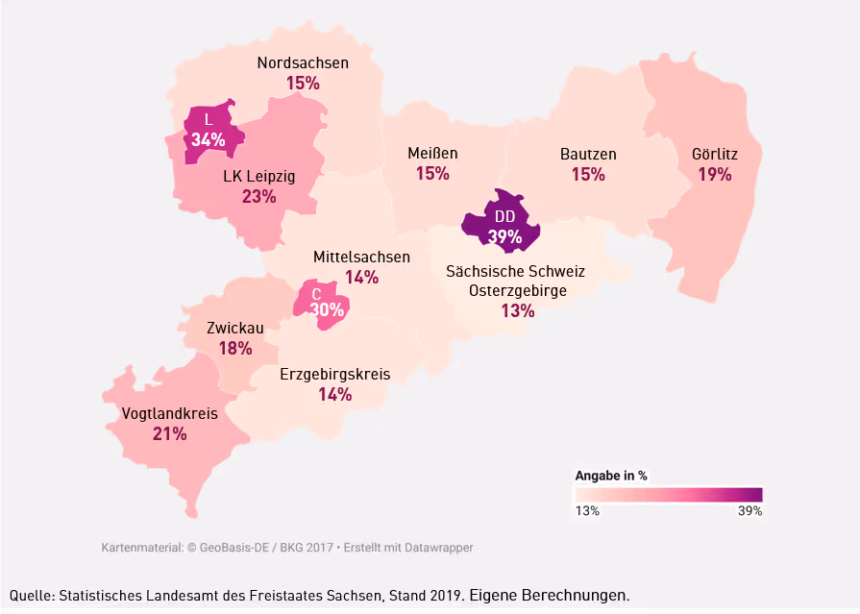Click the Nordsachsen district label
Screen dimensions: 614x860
coord(303,63)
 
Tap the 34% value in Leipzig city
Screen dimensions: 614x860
coord(208,140)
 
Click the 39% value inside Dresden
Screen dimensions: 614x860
coord(504,236)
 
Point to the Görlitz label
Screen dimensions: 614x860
coord(715,154)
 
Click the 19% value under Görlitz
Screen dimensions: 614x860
coord(715,174)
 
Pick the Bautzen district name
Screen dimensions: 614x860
coord(588,154)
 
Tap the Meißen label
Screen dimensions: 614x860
coord(432,153)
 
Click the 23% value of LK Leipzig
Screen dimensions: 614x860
coord(258,197)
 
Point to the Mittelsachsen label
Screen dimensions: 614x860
coord(361,257)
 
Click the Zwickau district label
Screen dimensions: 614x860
coord(235,328)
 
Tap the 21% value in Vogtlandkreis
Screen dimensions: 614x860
coord(170,434)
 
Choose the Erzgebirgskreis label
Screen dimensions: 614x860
coord(334,374)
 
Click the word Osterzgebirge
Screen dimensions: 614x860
coord(517,290)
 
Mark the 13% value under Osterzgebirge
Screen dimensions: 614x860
coord(517,310)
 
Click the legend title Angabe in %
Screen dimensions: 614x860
coord(611,475)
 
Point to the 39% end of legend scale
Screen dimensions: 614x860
coord(749,511)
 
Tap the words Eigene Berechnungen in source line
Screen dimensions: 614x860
coord(549,595)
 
